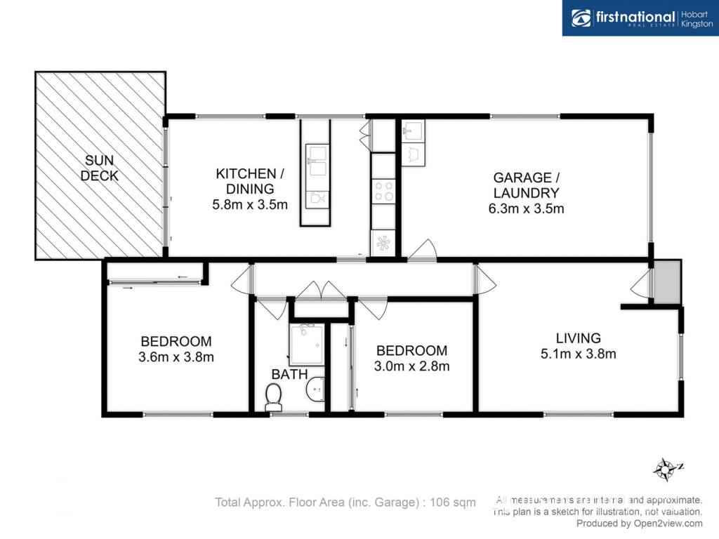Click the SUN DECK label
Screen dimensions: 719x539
(x=100, y=168)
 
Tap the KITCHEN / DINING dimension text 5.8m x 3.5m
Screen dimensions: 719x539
(x=250, y=204)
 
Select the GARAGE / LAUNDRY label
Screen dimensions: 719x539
(x=527, y=185)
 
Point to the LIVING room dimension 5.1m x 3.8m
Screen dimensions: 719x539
(x=579, y=354)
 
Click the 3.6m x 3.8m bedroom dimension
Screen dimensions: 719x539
(x=176, y=357)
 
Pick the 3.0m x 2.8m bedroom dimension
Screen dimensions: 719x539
(x=411, y=366)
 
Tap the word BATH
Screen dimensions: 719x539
(x=289, y=374)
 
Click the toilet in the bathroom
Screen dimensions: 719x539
(x=273, y=397)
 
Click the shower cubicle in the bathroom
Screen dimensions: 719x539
(x=306, y=345)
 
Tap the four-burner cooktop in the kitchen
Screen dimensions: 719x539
(x=384, y=191)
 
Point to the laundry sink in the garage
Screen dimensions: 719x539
(x=414, y=131)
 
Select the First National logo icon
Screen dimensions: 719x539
(x=581, y=18)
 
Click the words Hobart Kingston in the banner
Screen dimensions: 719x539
(x=697, y=19)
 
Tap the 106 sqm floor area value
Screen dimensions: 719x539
(x=453, y=503)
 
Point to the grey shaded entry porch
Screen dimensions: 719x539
(x=667, y=282)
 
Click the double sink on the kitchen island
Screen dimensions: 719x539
(x=317, y=160)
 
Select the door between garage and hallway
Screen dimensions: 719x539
(x=422, y=251)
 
